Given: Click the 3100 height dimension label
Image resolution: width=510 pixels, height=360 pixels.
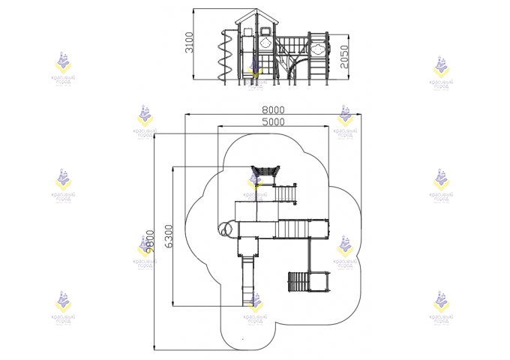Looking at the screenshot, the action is coord(190,43).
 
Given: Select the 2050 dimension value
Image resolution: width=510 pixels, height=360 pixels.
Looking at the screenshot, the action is coord(344,56).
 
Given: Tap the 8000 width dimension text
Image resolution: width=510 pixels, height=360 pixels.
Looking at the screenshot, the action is coord(273,109).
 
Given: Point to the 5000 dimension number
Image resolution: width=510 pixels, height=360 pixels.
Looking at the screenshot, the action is coord(273,121).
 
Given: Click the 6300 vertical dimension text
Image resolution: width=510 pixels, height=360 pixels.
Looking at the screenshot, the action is coord(169,235).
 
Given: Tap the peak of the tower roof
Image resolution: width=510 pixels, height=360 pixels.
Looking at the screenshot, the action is coord(258,11).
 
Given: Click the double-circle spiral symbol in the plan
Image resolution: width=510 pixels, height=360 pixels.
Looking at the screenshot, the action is coord(225,228).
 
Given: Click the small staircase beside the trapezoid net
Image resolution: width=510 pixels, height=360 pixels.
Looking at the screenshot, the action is coord(285,193).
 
